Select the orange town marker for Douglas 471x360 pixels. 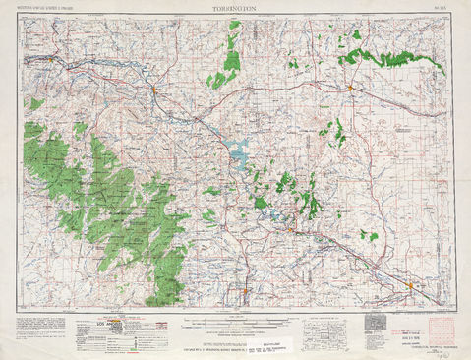[x=154, y=91]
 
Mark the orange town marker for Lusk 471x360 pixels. [x=350, y=89]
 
